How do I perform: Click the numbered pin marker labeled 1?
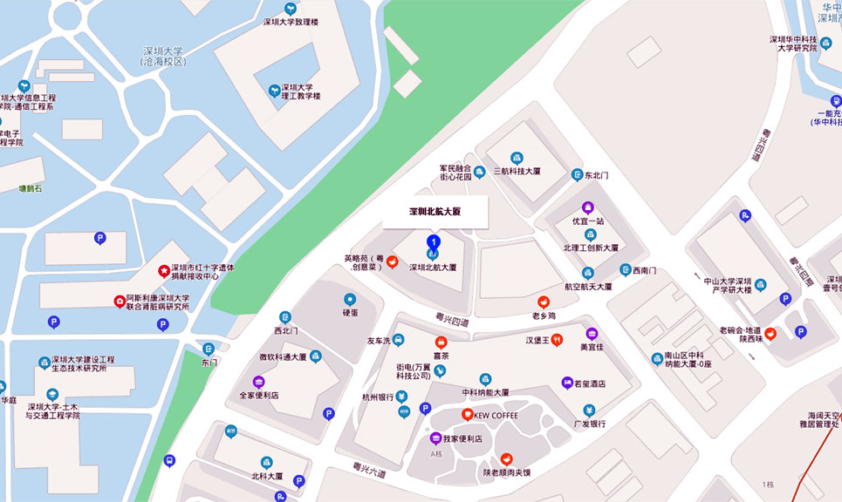[433, 241]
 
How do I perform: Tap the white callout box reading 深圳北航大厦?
[435, 212]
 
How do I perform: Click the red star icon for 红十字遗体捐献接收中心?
[163, 271]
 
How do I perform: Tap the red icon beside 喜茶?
[441, 343]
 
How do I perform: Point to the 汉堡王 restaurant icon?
[557, 339]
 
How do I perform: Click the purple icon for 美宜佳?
[592, 333]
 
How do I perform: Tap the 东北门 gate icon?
[577, 174]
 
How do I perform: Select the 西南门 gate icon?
[625, 269]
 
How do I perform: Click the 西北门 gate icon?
[284, 317]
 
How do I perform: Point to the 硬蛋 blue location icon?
[350, 299]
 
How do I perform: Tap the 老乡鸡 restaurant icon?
[544, 302]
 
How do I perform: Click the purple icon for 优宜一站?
[587, 207]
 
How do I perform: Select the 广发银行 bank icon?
[589, 410]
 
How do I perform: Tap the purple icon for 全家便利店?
[258, 382]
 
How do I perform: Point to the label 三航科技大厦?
[517, 171]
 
